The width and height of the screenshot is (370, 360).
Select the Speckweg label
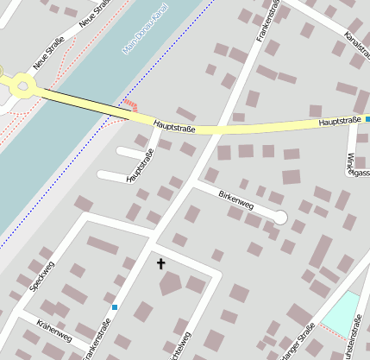41,274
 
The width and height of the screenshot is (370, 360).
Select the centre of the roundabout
22,84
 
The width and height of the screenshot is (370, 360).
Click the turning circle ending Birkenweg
279,218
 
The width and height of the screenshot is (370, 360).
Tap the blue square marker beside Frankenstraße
115,306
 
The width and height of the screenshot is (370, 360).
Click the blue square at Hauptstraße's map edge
367,119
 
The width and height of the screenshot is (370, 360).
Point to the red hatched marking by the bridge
130,105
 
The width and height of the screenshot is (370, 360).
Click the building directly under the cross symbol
171,282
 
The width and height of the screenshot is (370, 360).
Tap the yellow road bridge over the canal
86,101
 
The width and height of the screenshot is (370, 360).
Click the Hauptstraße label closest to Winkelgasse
338,122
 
